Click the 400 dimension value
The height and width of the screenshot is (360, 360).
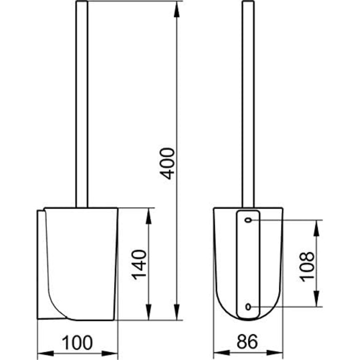[167, 164]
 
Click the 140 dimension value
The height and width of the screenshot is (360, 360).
[139, 265]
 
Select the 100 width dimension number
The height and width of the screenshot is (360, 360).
[77, 343]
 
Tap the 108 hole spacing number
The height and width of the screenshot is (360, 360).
[307, 267]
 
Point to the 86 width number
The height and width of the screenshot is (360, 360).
[247, 341]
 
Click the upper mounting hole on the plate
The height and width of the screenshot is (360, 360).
[248, 220]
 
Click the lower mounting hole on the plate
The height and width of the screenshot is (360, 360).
[248, 307]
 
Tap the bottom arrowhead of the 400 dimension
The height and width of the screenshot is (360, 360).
[176, 312]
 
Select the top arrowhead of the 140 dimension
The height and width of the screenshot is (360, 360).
[149, 216]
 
